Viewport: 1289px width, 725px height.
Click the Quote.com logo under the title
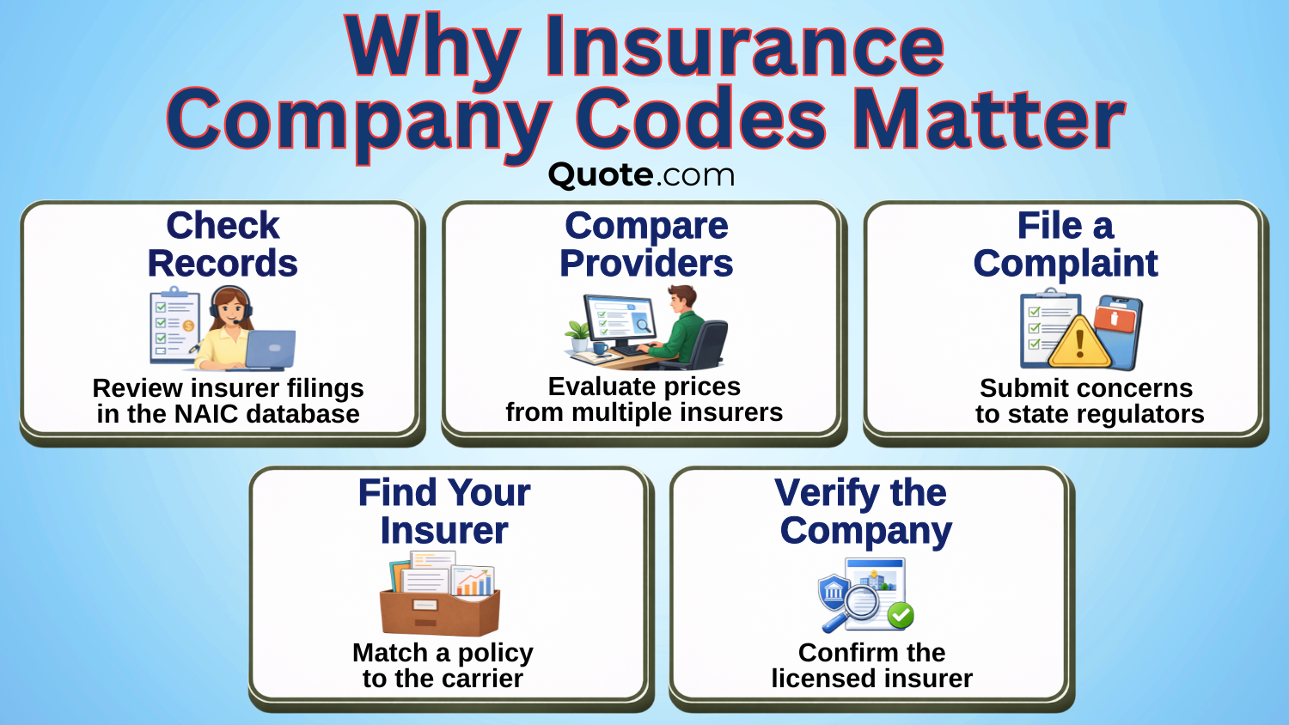click(x=641, y=174)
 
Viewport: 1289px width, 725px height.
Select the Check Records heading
click(x=223, y=245)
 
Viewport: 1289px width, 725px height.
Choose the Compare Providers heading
click(x=646, y=245)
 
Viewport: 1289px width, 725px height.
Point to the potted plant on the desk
click(x=577, y=332)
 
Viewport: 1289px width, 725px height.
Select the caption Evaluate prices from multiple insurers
click(x=644, y=399)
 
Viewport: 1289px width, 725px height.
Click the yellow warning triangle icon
click(x=1079, y=342)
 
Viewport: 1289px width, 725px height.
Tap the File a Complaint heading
click(x=1066, y=245)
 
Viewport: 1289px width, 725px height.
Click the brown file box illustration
click(x=440, y=611)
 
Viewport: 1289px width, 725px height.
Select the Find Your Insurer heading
click(x=443, y=512)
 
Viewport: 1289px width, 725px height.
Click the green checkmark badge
click(x=901, y=615)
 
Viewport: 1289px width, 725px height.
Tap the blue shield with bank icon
click(x=834, y=591)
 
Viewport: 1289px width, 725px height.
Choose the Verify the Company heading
click(x=864, y=512)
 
